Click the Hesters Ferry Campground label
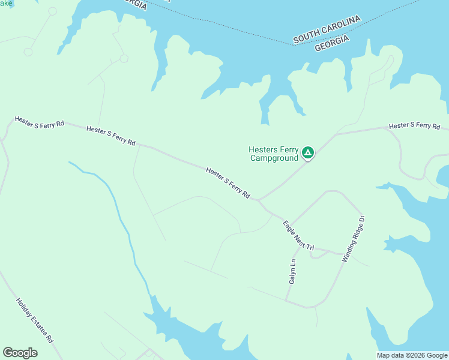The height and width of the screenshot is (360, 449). tap(274, 154)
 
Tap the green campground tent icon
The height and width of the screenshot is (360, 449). tap(308, 153)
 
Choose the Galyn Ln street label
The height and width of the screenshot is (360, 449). tap(292, 271)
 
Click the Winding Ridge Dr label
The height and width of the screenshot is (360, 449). tap(354, 238)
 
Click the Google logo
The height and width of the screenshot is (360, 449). tap(20, 353)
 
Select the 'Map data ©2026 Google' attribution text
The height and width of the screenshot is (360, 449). tap(412, 355)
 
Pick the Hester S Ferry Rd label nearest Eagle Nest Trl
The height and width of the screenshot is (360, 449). tap(228, 184)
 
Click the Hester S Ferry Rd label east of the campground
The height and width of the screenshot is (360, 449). tap(414, 126)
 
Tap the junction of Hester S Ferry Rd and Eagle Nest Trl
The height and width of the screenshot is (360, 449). tap(259, 201)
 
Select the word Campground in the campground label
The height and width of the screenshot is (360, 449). tap(274, 158)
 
